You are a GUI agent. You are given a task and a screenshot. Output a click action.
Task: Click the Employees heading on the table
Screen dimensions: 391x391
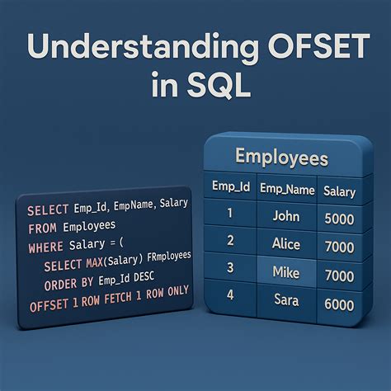click(281, 157)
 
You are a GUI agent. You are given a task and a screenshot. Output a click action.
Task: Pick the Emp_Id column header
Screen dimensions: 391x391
click(231, 188)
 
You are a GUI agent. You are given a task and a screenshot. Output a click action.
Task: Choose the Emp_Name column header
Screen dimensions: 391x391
click(287, 189)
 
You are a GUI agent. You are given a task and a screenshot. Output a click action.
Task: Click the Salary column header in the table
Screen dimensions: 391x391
click(339, 191)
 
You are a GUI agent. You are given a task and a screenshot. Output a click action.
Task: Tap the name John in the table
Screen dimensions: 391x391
click(286, 216)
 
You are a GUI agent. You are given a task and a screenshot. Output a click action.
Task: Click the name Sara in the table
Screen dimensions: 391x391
click(286, 299)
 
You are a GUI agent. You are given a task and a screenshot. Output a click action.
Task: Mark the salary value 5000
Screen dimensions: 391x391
click(340, 219)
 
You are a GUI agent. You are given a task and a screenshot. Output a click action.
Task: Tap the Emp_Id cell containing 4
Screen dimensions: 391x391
click(230, 295)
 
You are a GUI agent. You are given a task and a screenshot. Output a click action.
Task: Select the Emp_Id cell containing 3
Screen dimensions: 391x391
click(230, 267)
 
